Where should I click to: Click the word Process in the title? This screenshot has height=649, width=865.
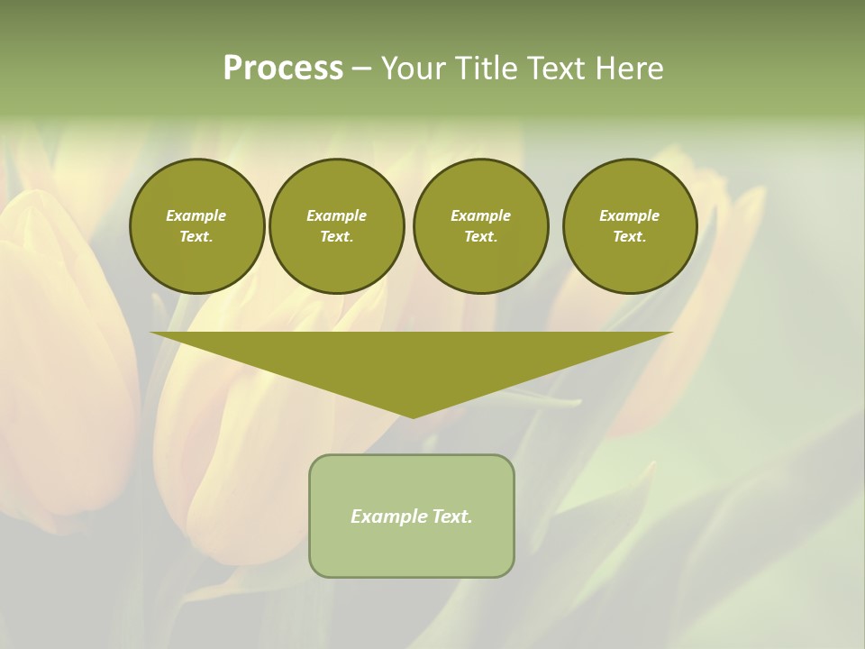[x=283, y=69]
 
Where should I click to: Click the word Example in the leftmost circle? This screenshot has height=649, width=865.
[x=196, y=215]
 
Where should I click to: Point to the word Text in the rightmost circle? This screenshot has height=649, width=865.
[x=629, y=236]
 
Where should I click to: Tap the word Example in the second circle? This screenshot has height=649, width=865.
[x=336, y=215]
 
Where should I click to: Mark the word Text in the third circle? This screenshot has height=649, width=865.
[x=480, y=236]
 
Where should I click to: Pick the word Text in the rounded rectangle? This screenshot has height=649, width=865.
[x=451, y=516]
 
